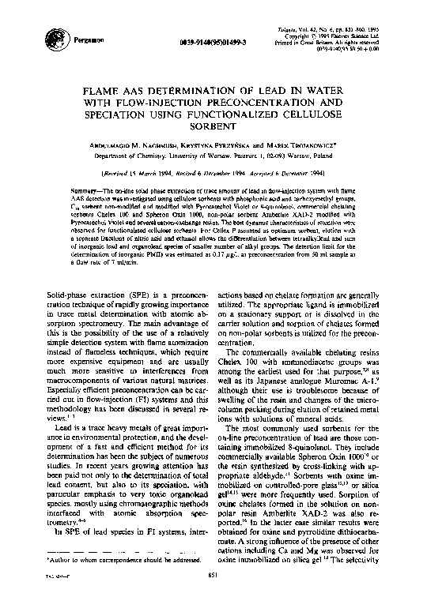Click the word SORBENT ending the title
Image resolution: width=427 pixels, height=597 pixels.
pyautogui.click(x=214, y=124)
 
